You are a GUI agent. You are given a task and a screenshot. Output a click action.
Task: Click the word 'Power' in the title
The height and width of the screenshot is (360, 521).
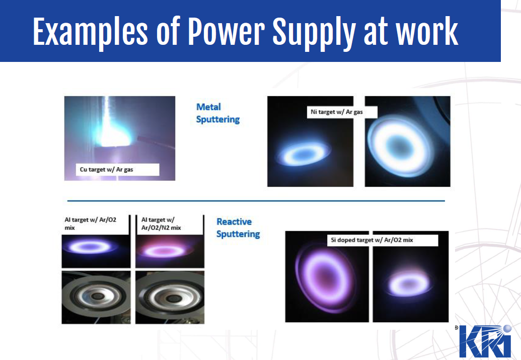[226, 31]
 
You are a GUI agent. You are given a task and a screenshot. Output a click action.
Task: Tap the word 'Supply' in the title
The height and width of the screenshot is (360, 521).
[314, 33]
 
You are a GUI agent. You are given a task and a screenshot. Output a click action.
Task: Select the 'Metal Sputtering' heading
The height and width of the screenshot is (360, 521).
[217, 113]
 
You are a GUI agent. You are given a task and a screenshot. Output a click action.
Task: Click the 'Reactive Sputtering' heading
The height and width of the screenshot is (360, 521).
[238, 228]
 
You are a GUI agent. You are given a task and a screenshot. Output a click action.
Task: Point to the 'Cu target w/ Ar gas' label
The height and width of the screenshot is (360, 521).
[106, 170]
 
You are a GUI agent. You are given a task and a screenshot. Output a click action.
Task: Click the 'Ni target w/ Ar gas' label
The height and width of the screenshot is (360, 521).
[337, 112]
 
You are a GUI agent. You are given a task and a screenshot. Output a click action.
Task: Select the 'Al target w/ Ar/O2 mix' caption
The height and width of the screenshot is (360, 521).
[91, 224]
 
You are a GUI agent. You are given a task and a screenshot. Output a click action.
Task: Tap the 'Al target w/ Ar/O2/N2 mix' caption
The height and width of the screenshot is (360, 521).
[161, 224]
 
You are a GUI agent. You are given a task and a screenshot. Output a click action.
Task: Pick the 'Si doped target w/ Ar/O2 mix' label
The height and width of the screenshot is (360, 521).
[372, 240]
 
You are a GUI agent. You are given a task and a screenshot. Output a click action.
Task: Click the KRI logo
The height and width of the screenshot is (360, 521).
[485, 341]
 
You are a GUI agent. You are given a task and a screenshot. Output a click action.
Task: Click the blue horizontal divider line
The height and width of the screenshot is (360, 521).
[256, 201]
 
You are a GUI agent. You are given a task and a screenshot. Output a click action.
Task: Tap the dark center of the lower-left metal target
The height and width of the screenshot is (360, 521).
[97, 296]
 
